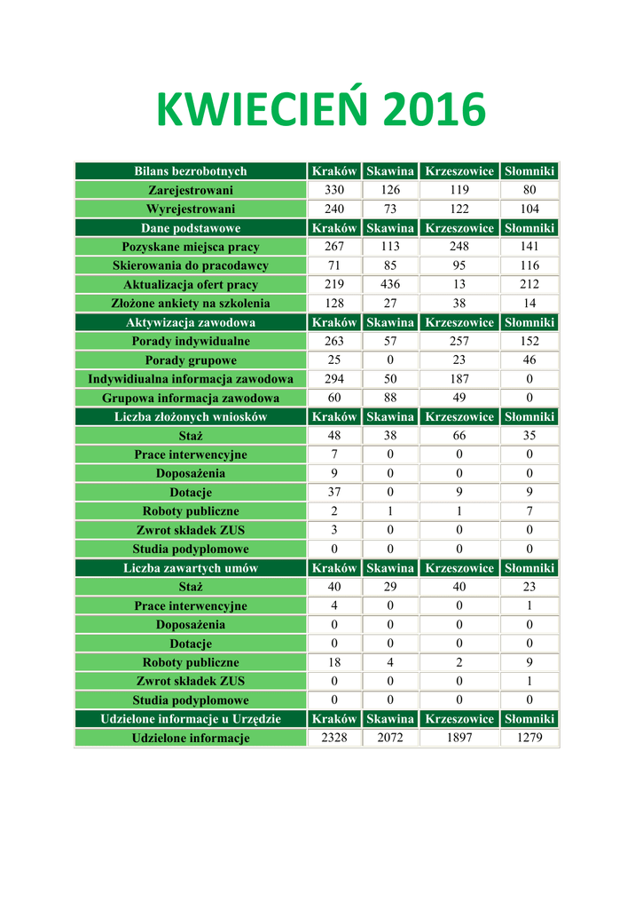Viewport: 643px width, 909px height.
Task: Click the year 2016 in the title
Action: tap(435, 112)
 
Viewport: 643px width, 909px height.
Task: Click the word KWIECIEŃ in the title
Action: tap(263, 112)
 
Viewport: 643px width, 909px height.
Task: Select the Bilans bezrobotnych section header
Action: tap(191, 171)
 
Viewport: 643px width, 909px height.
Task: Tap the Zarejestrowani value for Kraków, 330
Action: tap(334, 190)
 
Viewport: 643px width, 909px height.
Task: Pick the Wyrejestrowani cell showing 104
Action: tap(529, 209)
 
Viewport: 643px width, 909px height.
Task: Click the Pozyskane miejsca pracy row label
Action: tap(191, 247)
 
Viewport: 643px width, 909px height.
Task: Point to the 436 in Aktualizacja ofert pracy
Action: tap(390, 285)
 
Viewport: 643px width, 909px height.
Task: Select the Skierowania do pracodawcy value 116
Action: tap(529, 265)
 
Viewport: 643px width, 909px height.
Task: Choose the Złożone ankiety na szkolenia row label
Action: tap(191, 304)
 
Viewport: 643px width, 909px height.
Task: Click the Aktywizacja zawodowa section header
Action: tap(191, 322)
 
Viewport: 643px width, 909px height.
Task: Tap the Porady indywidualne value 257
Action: tap(459, 341)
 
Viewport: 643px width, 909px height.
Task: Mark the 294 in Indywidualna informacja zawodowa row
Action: tap(334, 379)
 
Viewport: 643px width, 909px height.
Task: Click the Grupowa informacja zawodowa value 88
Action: tap(390, 398)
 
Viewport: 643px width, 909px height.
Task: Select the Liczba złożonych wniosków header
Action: tap(191, 416)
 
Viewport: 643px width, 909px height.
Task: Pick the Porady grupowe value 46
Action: tap(529, 360)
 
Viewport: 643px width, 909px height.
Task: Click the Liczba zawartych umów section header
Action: tap(191, 568)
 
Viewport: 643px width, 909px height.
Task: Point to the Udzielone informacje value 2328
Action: tap(334, 738)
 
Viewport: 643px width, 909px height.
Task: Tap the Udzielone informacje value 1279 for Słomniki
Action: tap(529, 738)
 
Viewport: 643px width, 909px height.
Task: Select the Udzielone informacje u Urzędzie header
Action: tap(191, 719)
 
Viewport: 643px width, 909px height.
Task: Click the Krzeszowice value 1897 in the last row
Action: tap(459, 738)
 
